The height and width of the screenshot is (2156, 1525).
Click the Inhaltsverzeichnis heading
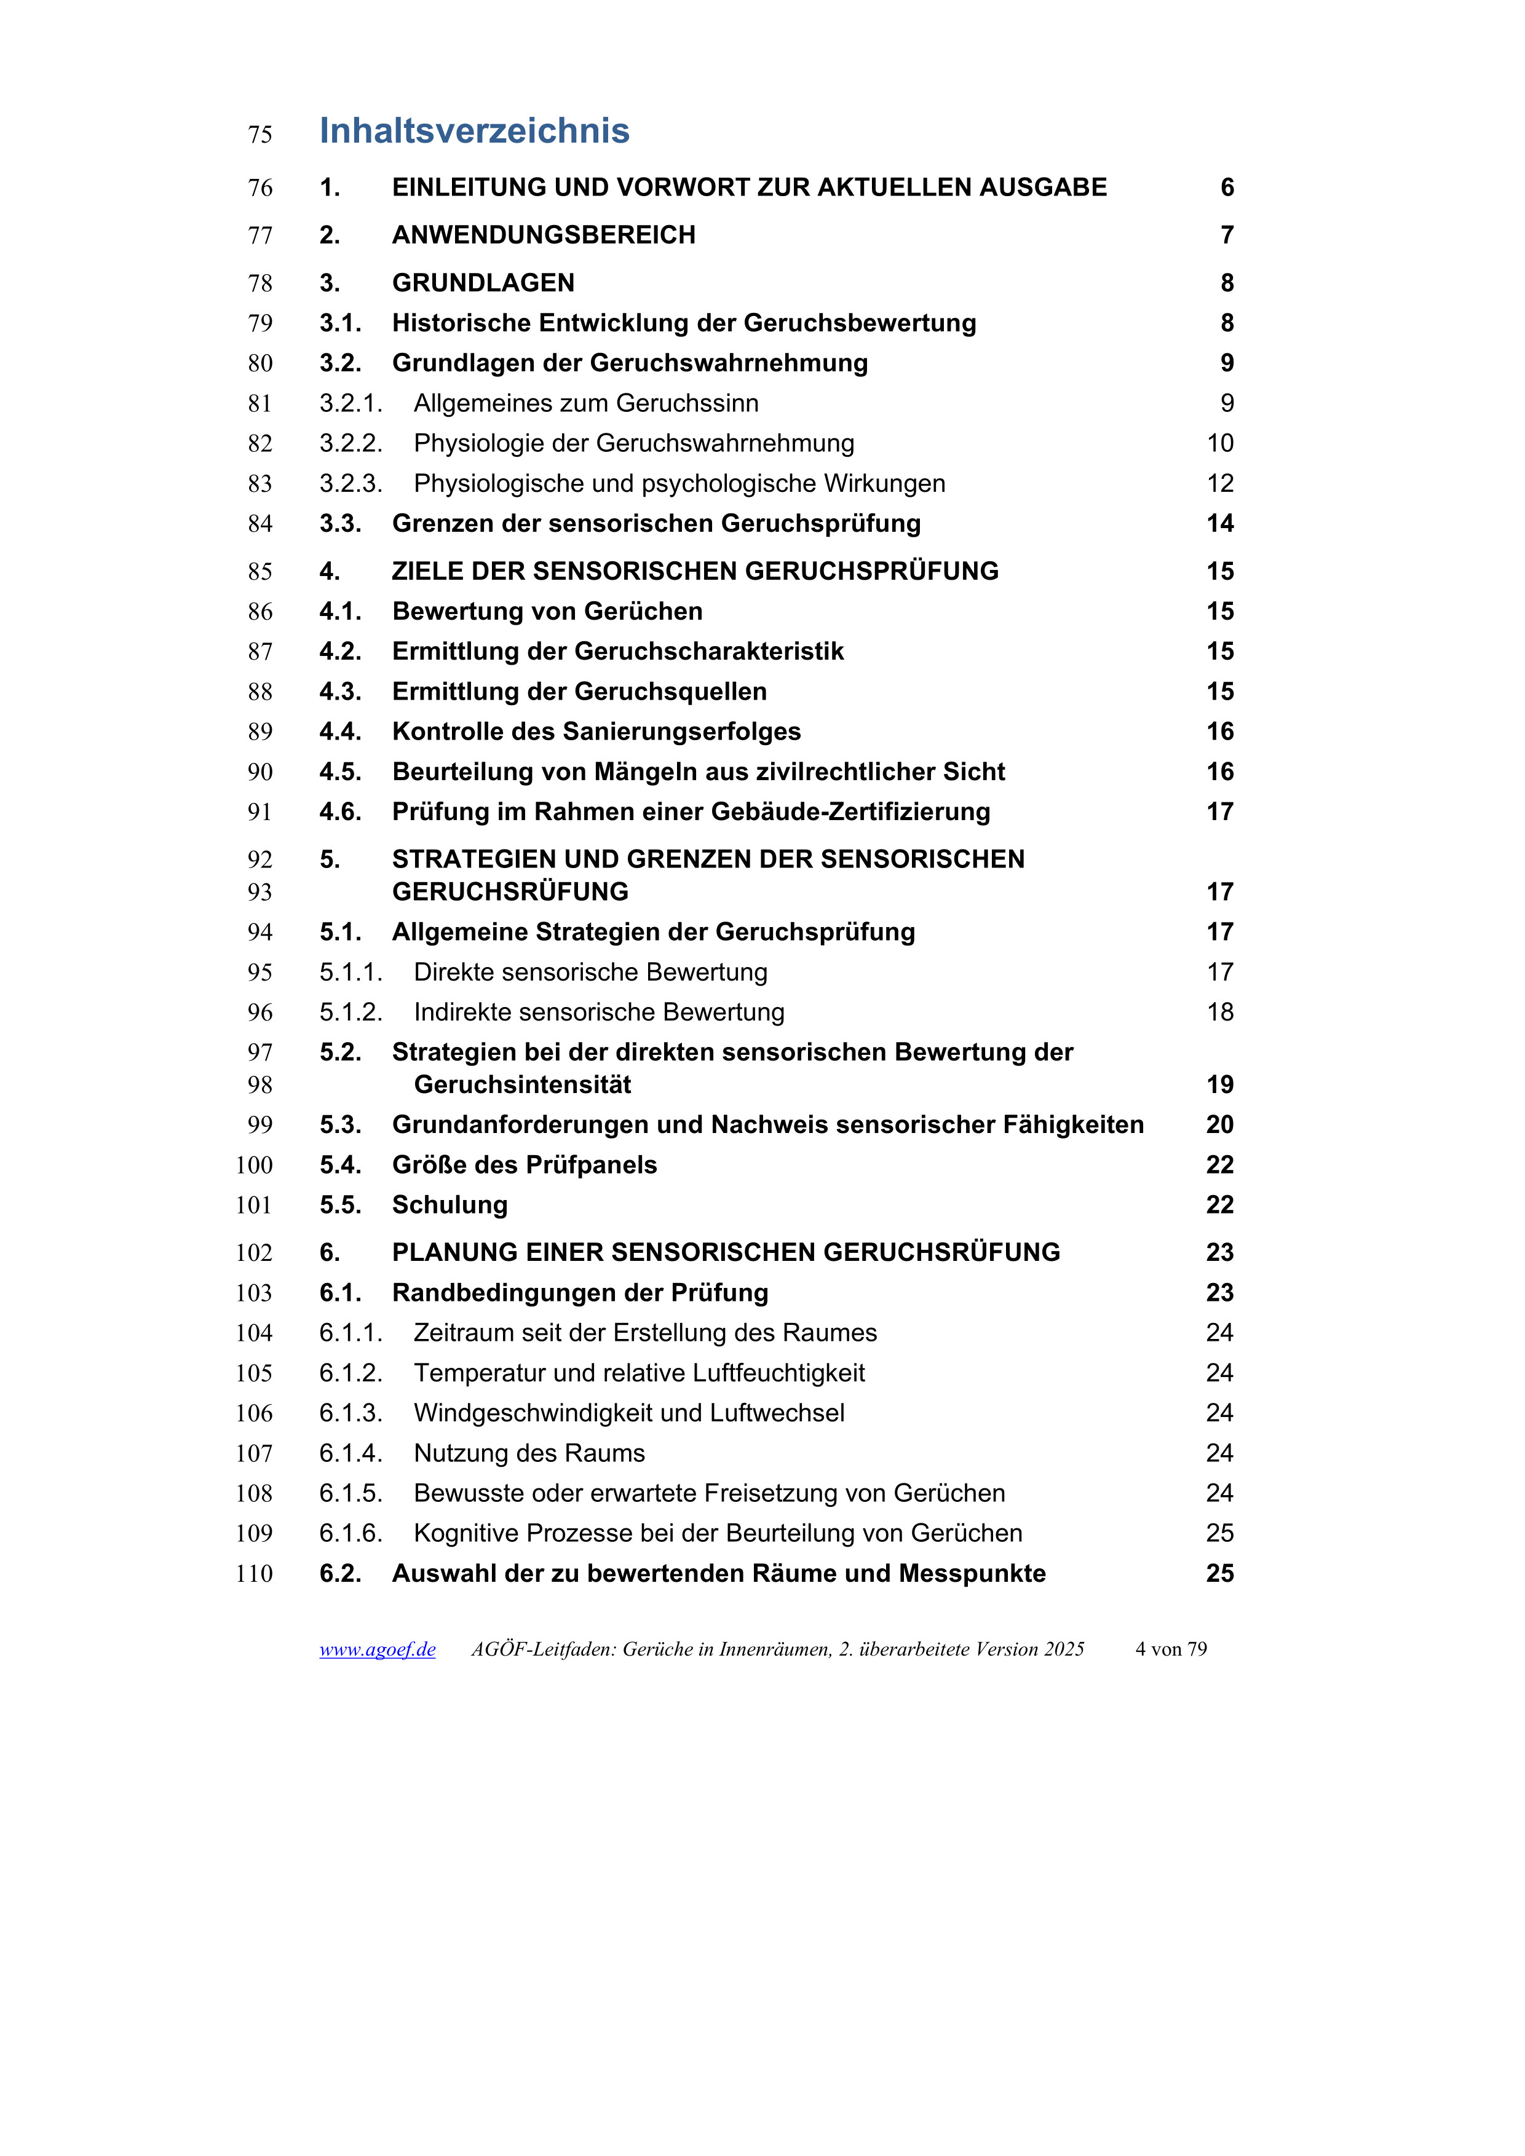pyautogui.click(x=474, y=130)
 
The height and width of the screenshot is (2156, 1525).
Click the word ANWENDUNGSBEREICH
pyautogui.click(x=544, y=235)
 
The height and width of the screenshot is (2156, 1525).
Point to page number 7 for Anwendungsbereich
pyautogui.click(x=1226, y=235)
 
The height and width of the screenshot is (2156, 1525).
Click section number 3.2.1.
pyautogui.click(x=351, y=404)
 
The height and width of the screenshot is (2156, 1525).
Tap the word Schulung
pyautogui.click(x=450, y=1205)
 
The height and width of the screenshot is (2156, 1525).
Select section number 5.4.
pyautogui.click(x=340, y=1166)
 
